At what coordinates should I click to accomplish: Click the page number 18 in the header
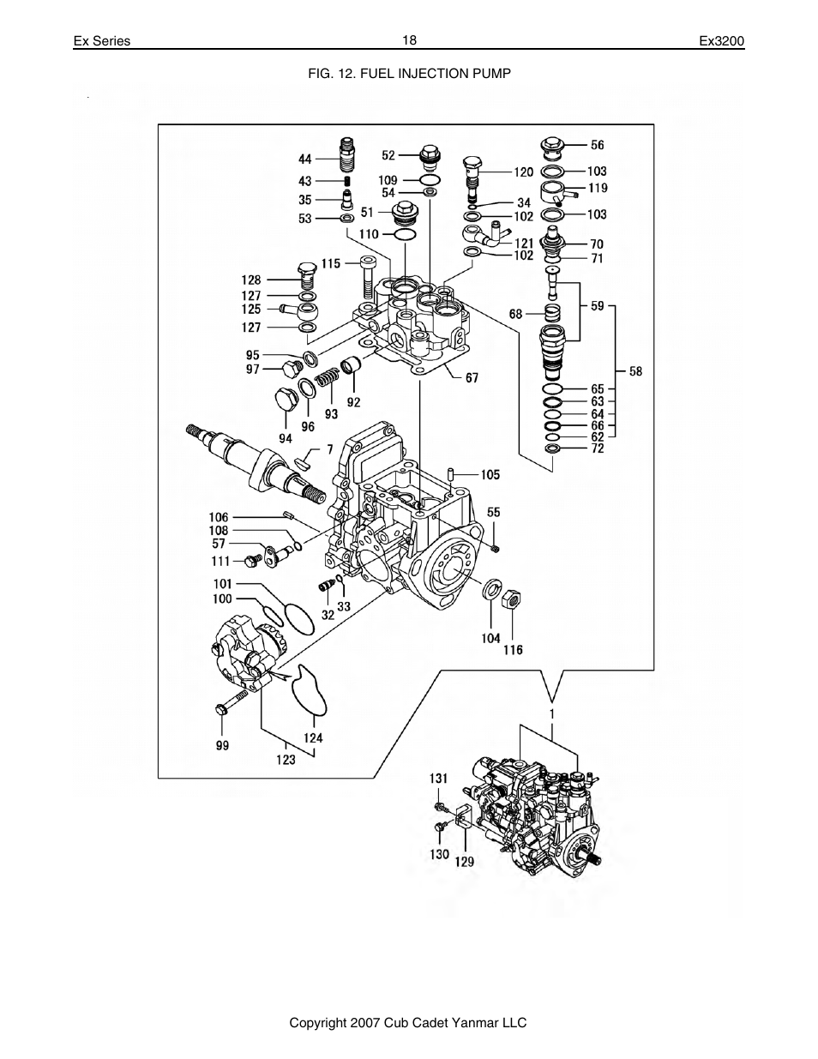click(409, 40)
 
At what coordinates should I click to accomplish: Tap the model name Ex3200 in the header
click(722, 41)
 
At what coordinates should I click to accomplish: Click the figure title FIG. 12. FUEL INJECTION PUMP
click(409, 74)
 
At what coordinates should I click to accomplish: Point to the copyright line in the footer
click(407, 1022)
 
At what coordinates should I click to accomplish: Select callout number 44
click(305, 159)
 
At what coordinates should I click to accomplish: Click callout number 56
click(597, 145)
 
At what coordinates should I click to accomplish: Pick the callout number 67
click(472, 378)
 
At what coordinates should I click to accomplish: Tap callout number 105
click(490, 474)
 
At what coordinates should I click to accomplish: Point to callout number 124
click(312, 737)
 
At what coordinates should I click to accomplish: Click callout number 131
click(438, 778)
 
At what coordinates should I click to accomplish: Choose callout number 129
click(464, 862)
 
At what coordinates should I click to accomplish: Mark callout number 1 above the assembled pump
click(552, 713)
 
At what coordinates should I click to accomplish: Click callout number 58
click(635, 371)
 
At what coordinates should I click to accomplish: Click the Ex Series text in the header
click(101, 41)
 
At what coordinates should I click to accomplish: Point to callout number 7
click(329, 448)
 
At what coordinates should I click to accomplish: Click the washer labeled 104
click(492, 589)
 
